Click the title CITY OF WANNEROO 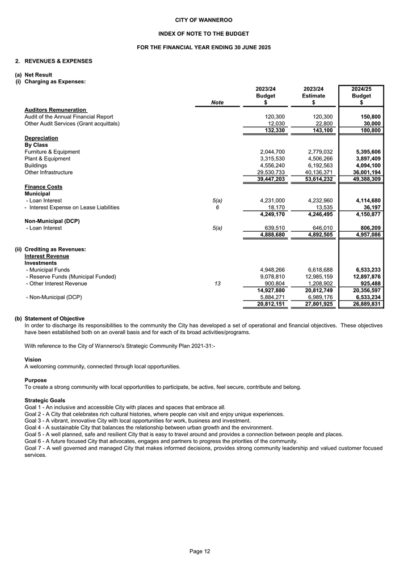pyautogui.click(x=200, y=20)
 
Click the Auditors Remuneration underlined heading pyautogui.click(x=56, y=109)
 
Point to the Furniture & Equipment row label pyautogui.click(x=52, y=152)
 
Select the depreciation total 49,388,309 pyautogui.click(x=365, y=179)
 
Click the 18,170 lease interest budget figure pyautogui.click(x=273, y=207)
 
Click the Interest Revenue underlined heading pyautogui.click(x=48, y=256)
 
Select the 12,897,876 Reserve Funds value pyautogui.click(x=365, y=277)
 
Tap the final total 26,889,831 pyautogui.click(x=365, y=304)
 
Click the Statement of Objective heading pyautogui.click(x=54, y=318)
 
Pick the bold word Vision pyautogui.click(x=33, y=359)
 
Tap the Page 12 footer pyautogui.click(x=200, y=551)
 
